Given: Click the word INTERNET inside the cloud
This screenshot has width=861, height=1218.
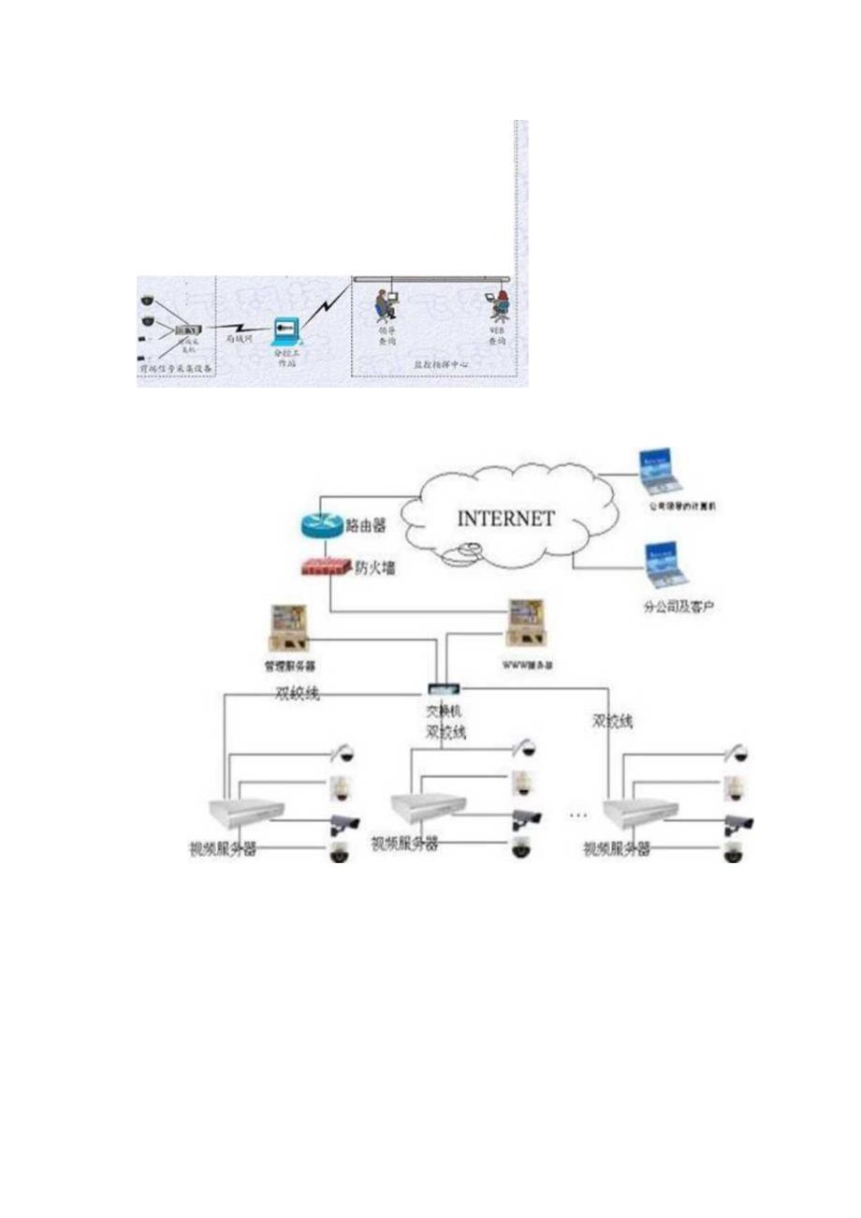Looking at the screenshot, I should click(505, 517).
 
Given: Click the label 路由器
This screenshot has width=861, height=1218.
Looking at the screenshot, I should click(367, 526).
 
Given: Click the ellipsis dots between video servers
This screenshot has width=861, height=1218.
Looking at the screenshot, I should click(578, 815).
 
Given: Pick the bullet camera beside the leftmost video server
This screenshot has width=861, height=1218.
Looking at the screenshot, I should click(343, 824).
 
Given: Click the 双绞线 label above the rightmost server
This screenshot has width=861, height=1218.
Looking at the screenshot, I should click(612, 722).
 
